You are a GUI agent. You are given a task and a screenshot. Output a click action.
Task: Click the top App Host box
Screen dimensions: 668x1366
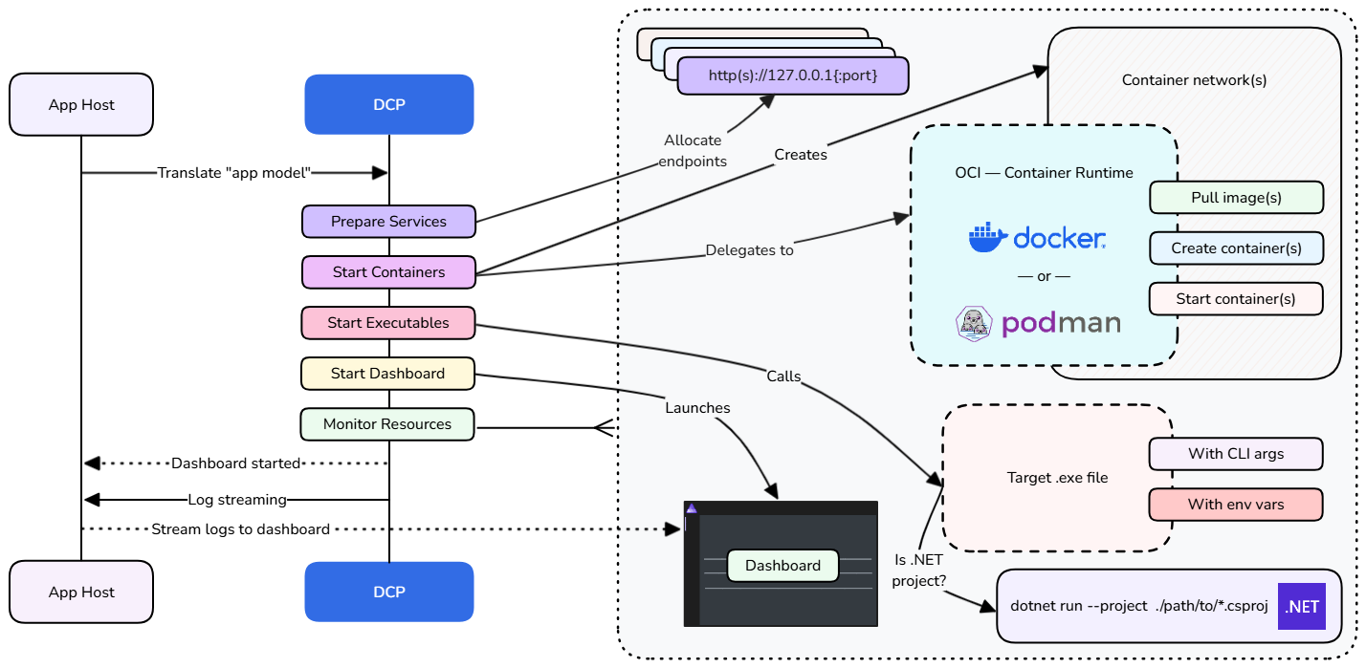click(81, 104)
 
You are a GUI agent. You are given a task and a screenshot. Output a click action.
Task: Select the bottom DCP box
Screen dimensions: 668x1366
click(388, 592)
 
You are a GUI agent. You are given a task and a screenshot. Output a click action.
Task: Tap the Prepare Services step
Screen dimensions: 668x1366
click(388, 221)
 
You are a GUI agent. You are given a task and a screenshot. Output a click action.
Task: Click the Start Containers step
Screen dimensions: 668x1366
click(388, 272)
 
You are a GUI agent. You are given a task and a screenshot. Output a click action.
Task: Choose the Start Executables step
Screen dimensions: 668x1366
click(388, 323)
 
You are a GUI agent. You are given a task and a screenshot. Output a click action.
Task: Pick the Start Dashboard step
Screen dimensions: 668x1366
click(387, 374)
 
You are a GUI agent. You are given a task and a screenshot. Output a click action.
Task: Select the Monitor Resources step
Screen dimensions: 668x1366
click(387, 424)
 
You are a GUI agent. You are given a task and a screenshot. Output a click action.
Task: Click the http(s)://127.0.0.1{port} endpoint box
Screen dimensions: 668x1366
click(792, 75)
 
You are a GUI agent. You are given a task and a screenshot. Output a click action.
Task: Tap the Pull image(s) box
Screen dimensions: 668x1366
click(1236, 198)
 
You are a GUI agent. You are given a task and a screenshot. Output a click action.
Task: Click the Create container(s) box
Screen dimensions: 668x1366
click(1236, 248)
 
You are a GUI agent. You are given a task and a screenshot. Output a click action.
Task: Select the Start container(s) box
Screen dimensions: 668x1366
click(1236, 299)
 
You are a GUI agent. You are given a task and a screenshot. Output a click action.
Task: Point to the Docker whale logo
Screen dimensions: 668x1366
click(988, 237)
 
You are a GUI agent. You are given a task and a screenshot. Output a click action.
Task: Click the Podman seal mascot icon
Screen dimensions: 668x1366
click(975, 324)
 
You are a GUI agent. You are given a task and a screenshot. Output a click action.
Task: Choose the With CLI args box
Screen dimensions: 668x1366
click(1236, 453)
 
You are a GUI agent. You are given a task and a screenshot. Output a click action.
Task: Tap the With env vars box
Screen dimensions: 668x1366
click(1236, 504)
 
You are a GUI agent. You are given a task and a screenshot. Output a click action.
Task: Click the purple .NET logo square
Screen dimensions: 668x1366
click(1302, 606)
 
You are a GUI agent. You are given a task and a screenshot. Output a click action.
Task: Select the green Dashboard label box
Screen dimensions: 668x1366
click(782, 566)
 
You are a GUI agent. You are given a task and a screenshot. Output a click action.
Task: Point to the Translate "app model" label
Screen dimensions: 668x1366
click(234, 173)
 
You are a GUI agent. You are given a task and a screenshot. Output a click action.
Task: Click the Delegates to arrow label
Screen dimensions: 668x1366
click(749, 251)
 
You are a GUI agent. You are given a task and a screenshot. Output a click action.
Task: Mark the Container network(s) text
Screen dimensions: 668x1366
click(1194, 80)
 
